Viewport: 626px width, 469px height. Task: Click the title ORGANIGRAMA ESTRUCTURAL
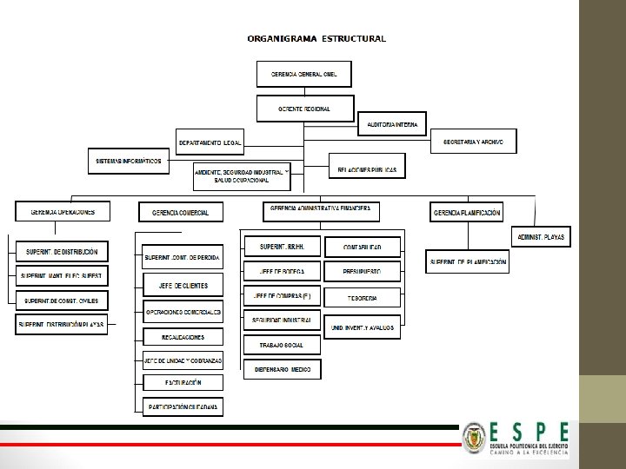316,38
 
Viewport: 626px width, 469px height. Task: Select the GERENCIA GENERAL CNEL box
304,74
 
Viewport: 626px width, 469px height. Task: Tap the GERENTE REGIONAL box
305,109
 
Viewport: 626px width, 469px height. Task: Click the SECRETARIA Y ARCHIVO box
473,142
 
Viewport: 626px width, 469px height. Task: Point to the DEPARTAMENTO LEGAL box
210,142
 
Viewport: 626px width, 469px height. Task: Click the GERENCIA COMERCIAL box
180,212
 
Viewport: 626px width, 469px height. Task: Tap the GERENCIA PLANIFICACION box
467,212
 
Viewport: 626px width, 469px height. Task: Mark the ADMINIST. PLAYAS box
541,236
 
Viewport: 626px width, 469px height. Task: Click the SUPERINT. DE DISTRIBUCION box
62,252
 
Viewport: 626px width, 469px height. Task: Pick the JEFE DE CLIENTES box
183,285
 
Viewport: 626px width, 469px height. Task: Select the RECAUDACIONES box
183,336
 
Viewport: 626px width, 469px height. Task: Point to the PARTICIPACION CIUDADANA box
183,406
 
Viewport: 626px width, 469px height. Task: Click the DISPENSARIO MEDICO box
282,369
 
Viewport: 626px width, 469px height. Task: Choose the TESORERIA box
363,297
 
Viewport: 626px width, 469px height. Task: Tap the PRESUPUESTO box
363,272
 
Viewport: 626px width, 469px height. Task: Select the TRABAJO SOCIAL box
282,345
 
